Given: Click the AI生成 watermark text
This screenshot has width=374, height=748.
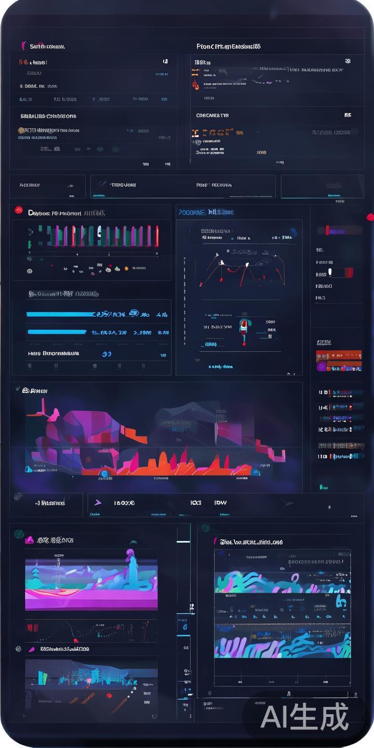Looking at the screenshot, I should click(304, 717).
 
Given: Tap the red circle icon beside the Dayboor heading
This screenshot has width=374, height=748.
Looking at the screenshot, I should click(19, 210).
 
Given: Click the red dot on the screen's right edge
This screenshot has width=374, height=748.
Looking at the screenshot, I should click(370, 217).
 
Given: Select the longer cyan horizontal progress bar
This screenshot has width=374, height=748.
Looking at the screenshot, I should click(60, 314).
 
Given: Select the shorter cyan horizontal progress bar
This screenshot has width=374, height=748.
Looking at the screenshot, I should click(57, 332).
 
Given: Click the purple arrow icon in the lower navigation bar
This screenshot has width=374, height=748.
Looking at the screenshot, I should click(98, 503).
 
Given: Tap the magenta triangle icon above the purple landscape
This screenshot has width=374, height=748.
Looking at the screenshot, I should click(30, 540).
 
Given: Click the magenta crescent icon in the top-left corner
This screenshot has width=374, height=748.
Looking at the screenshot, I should click(23, 46).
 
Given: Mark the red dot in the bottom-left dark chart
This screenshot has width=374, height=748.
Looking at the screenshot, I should click(109, 695).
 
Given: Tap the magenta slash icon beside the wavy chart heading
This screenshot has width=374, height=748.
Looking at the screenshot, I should click(215, 542).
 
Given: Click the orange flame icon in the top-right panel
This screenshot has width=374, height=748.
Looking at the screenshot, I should click(195, 84).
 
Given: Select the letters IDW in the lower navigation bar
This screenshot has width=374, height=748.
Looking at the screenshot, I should click(220, 503).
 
